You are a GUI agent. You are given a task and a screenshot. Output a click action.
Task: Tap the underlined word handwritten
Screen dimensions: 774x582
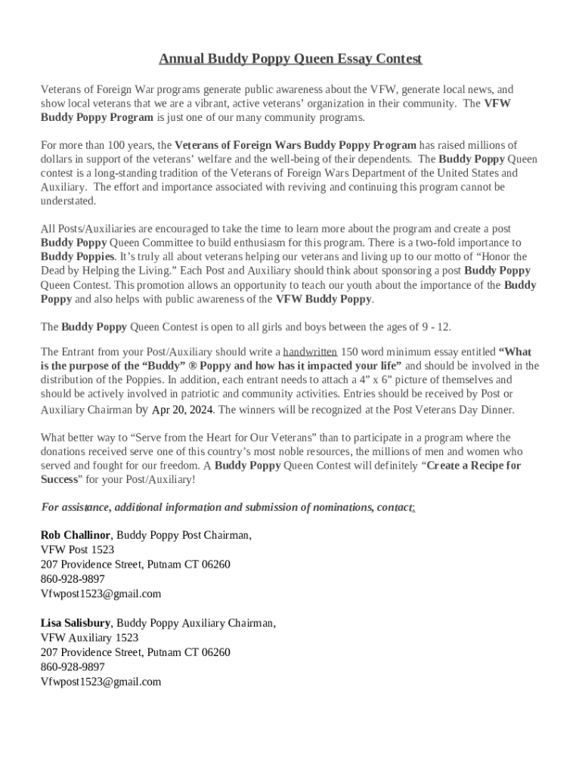pyautogui.click(x=310, y=351)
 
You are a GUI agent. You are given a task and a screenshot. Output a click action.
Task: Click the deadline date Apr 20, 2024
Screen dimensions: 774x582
pyautogui.click(x=183, y=410)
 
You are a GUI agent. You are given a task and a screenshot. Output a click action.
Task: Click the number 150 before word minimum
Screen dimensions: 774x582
pyautogui.click(x=350, y=351)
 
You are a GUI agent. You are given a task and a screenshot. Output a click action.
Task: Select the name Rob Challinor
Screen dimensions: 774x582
pyautogui.click(x=76, y=535)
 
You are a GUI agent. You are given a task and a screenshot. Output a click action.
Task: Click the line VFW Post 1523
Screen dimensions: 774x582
pyautogui.click(x=77, y=550)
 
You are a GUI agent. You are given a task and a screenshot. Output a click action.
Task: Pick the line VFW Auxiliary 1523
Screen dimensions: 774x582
pyautogui.click(x=89, y=638)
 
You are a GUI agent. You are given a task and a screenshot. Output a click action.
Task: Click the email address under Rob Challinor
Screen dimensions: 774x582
pyautogui.click(x=101, y=594)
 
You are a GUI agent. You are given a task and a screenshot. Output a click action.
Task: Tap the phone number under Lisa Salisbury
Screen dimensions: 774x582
pyautogui.click(x=73, y=667)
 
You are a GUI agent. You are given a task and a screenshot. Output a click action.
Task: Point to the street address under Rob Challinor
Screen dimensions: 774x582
pyautogui.click(x=135, y=565)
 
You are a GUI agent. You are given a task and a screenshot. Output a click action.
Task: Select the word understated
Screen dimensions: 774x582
pyautogui.click(x=68, y=201)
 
